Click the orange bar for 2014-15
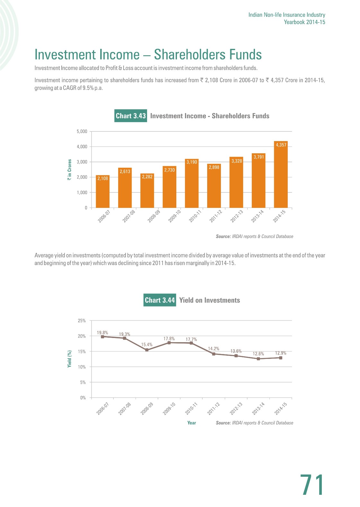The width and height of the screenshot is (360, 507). pyautogui.click(x=281, y=174)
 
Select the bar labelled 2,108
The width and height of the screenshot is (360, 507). pyautogui.click(x=102, y=191)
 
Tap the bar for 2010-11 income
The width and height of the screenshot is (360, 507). pyautogui.click(x=192, y=183)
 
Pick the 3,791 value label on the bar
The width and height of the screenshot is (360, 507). pyautogui.click(x=259, y=157)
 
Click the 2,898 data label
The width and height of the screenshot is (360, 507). pyautogui.click(x=214, y=167)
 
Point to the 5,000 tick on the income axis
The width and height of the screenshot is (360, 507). pyautogui.click(x=82, y=131)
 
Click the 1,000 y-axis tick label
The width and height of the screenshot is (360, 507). pyautogui.click(x=82, y=192)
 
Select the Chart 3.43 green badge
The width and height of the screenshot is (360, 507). pyautogui.click(x=131, y=116)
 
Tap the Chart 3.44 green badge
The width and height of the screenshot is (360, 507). pyautogui.click(x=160, y=300)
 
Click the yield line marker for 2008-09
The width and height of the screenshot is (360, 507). pyautogui.click(x=147, y=350)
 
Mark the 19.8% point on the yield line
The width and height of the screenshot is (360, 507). pyautogui.click(x=102, y=337)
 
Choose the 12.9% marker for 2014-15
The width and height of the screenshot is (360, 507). pyautogui.click(x=281, y=358)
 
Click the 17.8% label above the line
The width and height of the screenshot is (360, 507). pyautogui.click(x=169, y=339)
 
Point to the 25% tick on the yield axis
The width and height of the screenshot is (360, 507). pyautogui.click(x=82, y=321)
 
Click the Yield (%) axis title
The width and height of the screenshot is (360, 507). pyautogui.click(x=69, y=359)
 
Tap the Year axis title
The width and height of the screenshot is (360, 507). pyautogui.click(x=192, y=423)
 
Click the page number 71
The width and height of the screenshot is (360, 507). pyautogui.click(x=312, y=485)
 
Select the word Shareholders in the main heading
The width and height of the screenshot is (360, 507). pyautogui.click(x=189, y=55)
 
